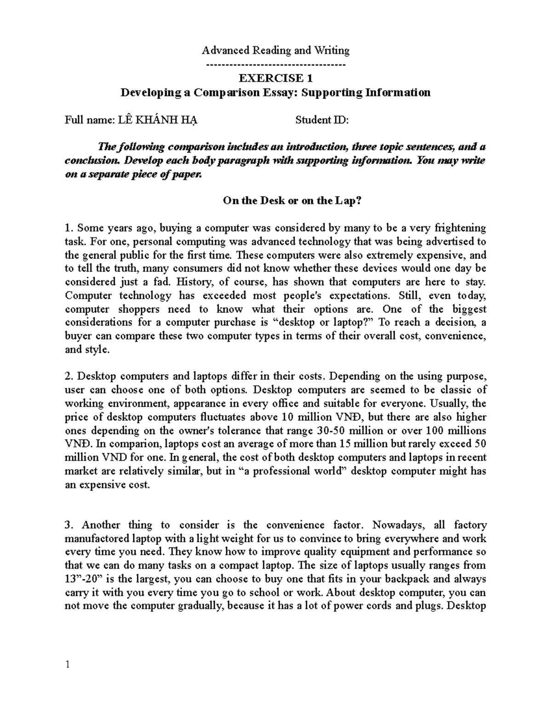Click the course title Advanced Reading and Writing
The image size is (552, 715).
(276, 50)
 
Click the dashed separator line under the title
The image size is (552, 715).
(276, 64)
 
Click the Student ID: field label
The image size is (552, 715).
(322, 121)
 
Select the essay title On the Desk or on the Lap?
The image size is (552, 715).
(276, 201)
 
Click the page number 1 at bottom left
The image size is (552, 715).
(68, 665)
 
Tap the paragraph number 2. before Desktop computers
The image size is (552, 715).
(69, 377)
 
